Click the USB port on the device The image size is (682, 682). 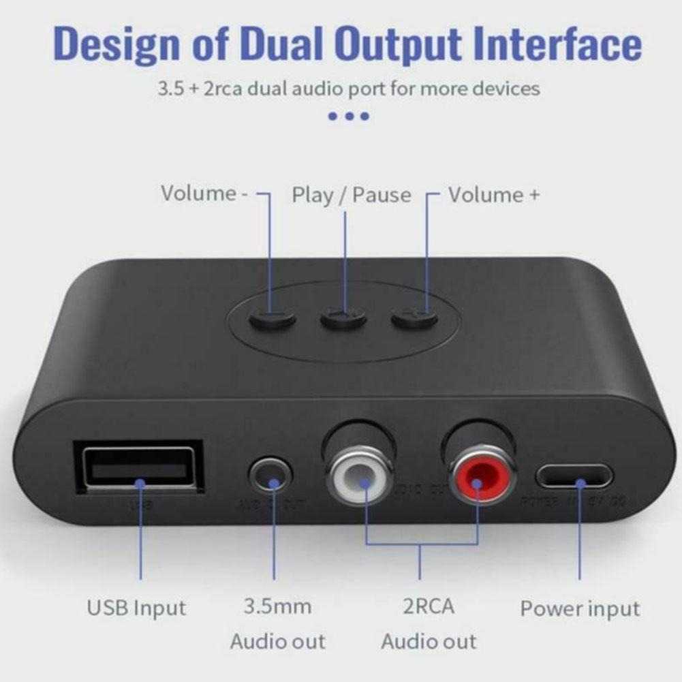tap(142, 469)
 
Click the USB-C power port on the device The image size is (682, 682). tap(572, 477)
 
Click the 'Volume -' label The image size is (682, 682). tap(204, 193)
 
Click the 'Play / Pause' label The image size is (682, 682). tap(352, 195)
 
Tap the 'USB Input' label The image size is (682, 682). tap(136, 607)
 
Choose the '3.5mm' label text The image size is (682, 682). tap(277, 606)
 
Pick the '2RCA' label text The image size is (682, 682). tap(429, 606)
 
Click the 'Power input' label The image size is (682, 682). tap(580, 608)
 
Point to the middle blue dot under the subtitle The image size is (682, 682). tap(349, 116)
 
